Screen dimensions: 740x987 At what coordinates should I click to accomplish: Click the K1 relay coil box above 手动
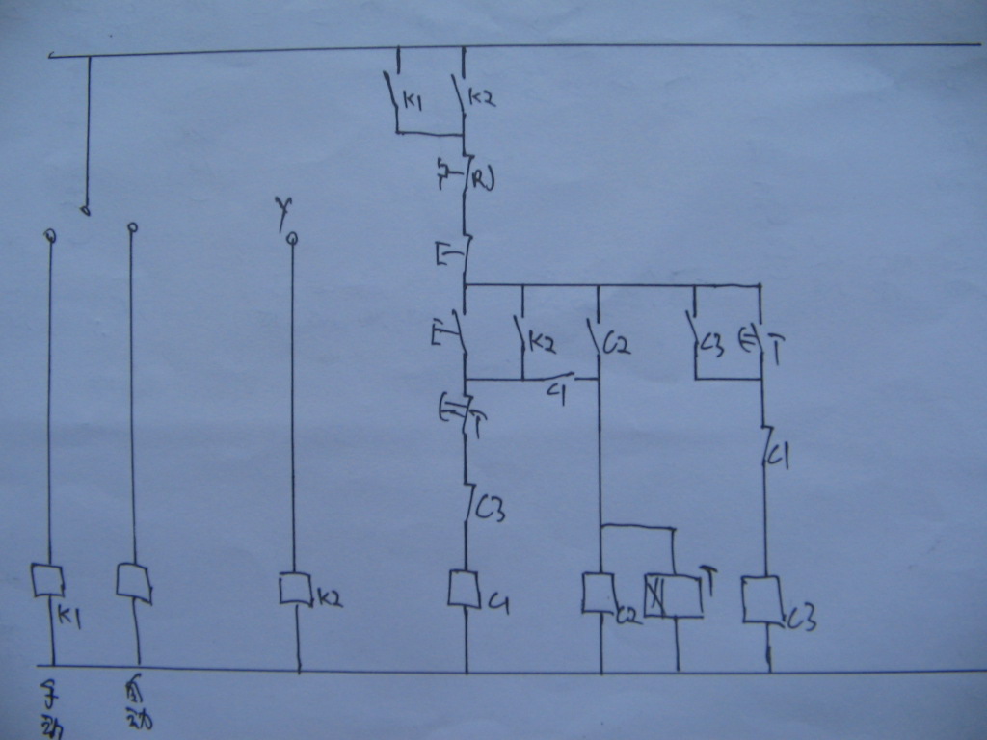click(46, 580)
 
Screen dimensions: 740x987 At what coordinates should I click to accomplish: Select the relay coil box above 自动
click(133, 581)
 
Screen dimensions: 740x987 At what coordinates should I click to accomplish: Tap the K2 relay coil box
click(295, 589)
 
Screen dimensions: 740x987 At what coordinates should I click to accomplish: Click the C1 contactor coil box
click(465, 589)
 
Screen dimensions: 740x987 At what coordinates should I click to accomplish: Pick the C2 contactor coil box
click(599, 593)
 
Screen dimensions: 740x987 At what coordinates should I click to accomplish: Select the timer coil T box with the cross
click(674, 595)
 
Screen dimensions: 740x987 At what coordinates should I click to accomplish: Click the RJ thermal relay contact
click(465, 175)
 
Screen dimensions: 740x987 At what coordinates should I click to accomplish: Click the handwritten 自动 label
click(137, 704)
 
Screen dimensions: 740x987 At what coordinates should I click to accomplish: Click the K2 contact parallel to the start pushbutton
click(522, 337)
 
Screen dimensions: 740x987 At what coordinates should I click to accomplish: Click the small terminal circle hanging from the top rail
click(86, 209)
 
